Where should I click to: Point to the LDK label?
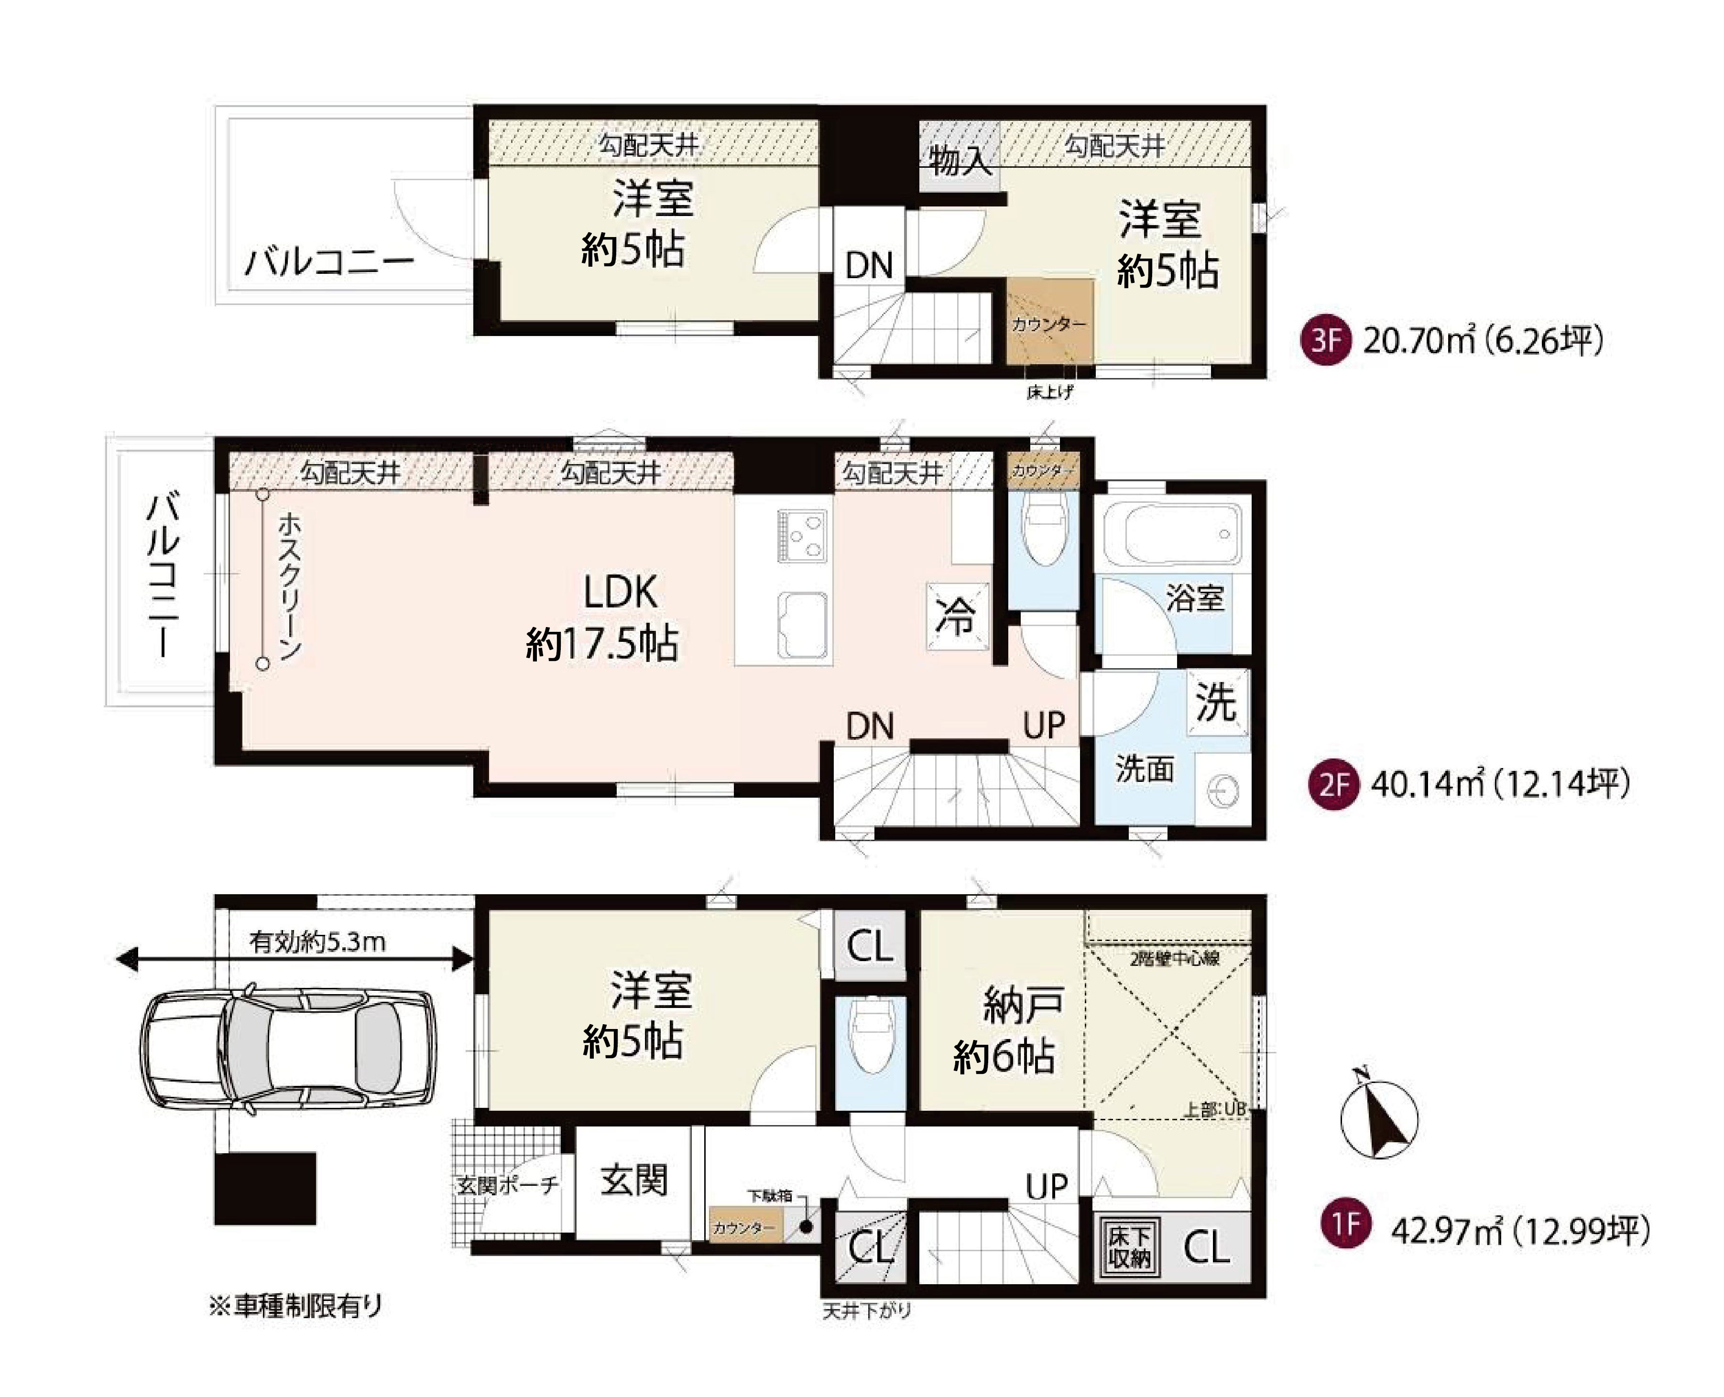[x=620, y=592]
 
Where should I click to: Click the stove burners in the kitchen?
[x=802, y=536]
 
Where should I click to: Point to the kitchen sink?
[x=802, y=625]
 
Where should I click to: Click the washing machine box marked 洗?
[x=1217, y=702]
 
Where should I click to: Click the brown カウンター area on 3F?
[x=1049, y=322]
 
